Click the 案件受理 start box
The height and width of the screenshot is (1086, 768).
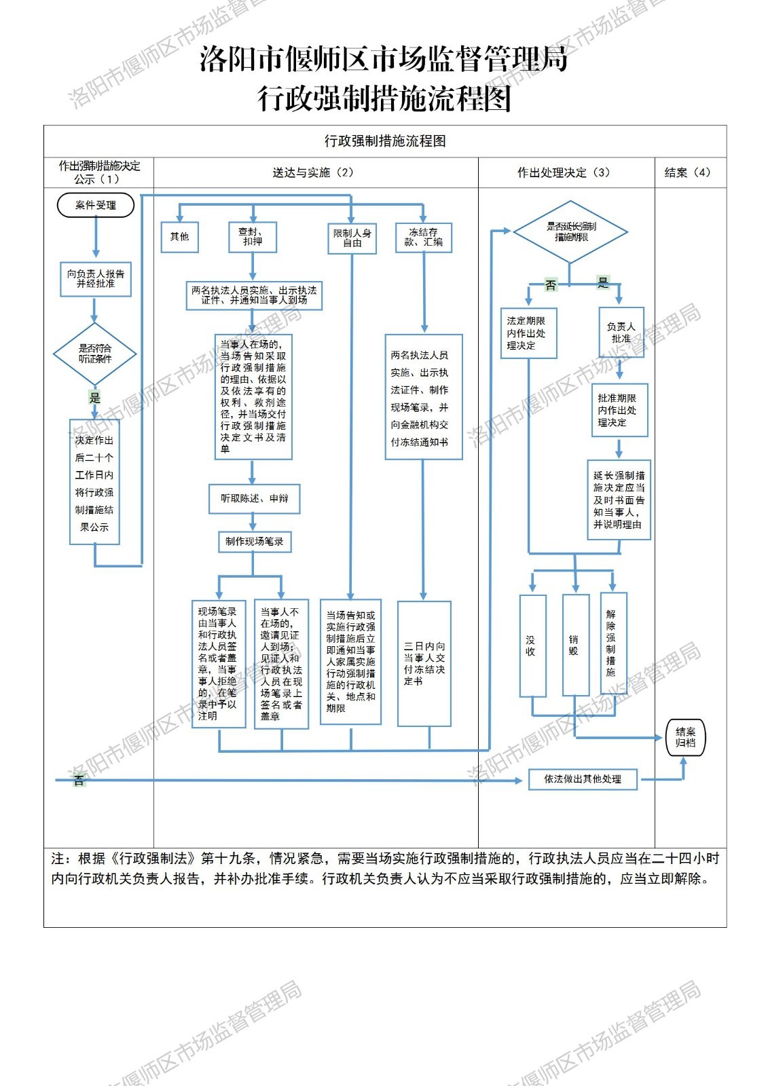click(96, 205)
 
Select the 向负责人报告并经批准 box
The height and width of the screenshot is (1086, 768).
click(96, 279)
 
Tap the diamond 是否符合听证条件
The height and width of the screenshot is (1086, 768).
click(95, 354)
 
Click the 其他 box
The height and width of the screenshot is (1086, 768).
click(180, 237)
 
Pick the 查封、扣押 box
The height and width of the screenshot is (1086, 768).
click(253, 237)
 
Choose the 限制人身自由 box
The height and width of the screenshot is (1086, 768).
click(352, 238)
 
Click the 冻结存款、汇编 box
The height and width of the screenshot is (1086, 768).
click(424, 238)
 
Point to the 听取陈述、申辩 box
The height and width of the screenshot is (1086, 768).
click(254, 499)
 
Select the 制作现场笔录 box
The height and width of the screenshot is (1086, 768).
click(254, 542)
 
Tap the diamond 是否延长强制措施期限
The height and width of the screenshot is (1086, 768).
click(570, 232)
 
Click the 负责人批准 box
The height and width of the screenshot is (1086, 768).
click(621, 333)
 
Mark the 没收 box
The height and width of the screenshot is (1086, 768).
click(532, 645)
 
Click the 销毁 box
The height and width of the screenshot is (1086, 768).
click(575, 645)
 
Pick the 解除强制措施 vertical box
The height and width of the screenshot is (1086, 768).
click(612, 643)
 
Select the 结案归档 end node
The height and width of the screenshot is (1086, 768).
click(685, 738)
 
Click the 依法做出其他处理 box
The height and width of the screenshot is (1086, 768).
click(583, 779)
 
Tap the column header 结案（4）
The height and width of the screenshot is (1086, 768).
click(688, 172)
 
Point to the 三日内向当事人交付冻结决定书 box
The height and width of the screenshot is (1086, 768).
click(424, 663)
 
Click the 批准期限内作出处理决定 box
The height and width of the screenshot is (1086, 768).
click(619, 411)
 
